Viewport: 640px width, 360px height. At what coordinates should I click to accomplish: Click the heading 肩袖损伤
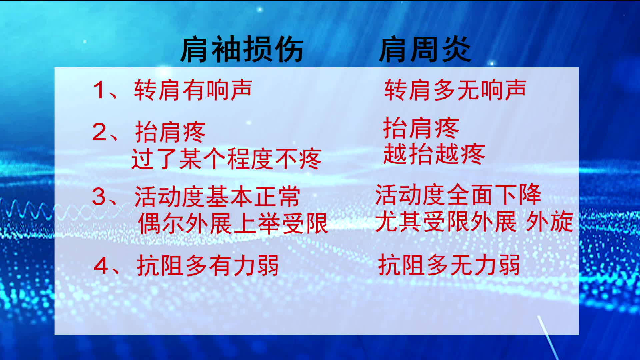point(242,49)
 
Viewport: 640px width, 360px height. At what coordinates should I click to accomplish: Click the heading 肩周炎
point(425,49)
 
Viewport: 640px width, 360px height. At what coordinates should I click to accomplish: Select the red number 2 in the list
point(99,132)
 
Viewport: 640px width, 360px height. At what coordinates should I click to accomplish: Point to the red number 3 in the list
point(99,197)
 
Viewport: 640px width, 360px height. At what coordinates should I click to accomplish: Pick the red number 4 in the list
point(101,266)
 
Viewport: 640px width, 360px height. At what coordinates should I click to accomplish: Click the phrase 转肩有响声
point(193,90)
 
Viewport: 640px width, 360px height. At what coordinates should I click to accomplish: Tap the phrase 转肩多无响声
point(455,90)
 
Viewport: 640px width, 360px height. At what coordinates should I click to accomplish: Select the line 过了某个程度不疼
point(227,159)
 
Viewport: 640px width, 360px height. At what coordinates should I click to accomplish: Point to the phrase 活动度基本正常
point(217,197)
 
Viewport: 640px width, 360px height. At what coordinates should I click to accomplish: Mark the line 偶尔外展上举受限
point(233,223)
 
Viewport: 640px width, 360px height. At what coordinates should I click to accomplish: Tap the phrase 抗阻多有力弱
point(208,266)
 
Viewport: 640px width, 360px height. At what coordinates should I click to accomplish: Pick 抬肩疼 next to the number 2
point(170,132)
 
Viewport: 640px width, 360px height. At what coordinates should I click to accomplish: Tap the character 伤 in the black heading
point(289,49)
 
